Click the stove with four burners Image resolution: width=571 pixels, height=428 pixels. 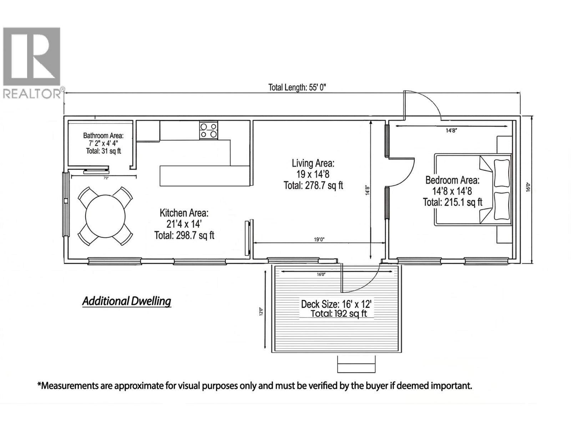pos(209,130)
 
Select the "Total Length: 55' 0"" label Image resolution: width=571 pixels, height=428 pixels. pos(297,87)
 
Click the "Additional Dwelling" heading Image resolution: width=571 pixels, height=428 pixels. pos(127,301)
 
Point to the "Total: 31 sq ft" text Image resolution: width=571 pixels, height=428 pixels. pos(103,151)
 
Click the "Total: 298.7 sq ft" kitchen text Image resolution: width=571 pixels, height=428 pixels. pos(184,235)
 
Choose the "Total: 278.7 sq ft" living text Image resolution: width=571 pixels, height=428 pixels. pos(313,185)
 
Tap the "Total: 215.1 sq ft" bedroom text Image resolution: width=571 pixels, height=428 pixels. pos(453,202)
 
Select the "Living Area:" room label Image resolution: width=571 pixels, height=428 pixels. pos(313,163)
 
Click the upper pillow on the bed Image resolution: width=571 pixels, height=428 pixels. pos(501,173)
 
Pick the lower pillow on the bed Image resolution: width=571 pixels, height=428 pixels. pos(501,206)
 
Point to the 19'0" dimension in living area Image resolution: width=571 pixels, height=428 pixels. pos(319,240)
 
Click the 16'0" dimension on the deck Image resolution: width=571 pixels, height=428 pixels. pos(321,274)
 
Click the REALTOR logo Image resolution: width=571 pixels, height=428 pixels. pos(32,62)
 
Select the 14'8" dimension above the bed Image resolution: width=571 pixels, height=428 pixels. pos(451,131)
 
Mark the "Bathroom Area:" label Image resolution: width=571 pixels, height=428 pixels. pos(103,136)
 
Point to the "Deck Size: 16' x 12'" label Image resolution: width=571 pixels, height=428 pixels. pos(337,304)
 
